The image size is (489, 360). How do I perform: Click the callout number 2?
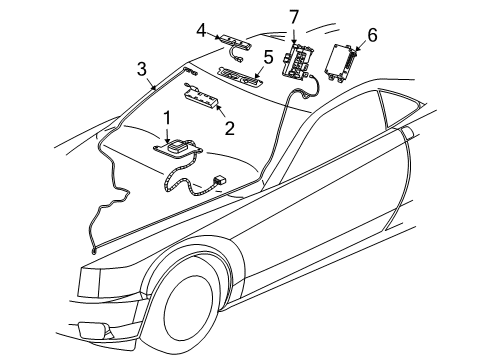coord(229,127)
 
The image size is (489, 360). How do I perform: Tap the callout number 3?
coord(143,68)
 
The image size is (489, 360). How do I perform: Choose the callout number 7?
coord(294,16)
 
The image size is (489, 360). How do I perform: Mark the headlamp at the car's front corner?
coord(80,262)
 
